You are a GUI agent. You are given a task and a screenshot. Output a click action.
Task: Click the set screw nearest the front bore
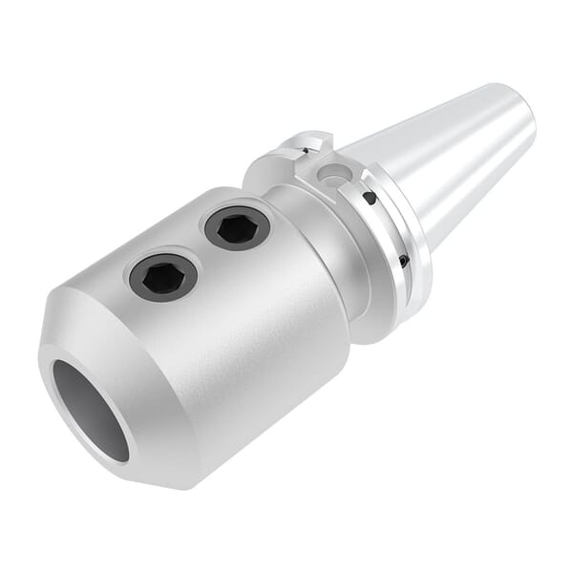[162, 277]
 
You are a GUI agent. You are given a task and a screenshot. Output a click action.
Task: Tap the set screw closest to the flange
[237, 227]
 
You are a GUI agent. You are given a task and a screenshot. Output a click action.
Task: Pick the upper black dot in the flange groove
[369, 199]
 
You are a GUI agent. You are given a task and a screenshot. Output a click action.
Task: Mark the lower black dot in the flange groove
[403, 261]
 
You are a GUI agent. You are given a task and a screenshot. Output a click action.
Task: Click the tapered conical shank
[449, 162]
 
